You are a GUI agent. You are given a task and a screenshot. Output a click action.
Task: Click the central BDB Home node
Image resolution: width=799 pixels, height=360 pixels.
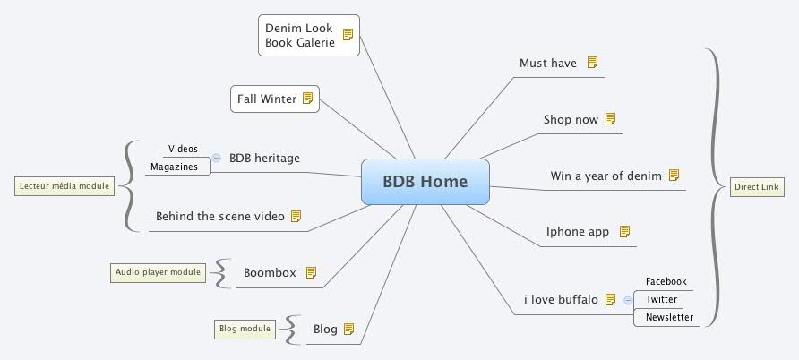(x=425, y=182)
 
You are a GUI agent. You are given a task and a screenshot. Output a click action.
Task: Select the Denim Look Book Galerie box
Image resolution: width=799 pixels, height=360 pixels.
(x=308, y=36)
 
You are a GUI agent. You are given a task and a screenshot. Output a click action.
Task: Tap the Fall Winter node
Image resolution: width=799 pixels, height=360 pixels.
(x=275, y=99)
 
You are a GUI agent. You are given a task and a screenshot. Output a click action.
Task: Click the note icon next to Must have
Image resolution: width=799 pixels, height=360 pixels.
(x=592, y=63)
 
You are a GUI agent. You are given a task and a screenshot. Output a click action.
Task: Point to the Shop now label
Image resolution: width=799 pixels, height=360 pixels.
(x=571, y=119)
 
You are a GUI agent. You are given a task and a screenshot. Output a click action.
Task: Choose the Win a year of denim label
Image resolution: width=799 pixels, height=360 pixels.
(x=606, y=176)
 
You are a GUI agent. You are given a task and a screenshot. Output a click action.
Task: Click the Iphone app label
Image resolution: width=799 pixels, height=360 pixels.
(x=578, y=232)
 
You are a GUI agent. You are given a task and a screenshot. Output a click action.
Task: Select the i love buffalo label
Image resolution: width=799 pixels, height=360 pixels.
(x=561, y=299)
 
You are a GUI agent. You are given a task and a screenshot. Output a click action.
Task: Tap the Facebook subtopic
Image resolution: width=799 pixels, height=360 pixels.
(x=666, y=281)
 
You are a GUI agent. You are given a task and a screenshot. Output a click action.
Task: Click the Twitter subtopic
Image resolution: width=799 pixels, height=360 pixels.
(x=661, y=299)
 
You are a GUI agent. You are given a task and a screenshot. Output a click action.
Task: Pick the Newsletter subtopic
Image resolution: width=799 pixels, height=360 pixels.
(x=669, y=317)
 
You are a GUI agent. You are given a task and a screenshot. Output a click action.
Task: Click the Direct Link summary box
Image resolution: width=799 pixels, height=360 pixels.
(x=757, y=187)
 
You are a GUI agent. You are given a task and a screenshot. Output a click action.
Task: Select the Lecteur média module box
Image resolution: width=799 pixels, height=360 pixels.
(x=63, y=186)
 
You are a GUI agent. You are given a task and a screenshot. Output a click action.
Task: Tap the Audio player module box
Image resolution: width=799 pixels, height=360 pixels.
(x=158, y=272)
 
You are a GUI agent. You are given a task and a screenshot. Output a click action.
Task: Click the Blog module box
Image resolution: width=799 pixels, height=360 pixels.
(x=245, y=329)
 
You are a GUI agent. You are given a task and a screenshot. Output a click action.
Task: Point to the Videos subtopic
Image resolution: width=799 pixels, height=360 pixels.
(x=183, y=149)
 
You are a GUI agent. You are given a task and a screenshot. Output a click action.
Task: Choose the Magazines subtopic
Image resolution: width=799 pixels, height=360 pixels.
(x=175, y=167)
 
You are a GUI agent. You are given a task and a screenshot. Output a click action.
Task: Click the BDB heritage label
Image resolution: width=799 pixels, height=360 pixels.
(x=264, y=159)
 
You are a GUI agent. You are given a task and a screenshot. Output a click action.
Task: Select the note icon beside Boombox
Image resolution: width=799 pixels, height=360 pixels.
(x=312, y=272)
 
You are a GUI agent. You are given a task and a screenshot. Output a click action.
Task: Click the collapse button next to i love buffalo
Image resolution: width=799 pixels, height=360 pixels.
(x=627, y=300)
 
